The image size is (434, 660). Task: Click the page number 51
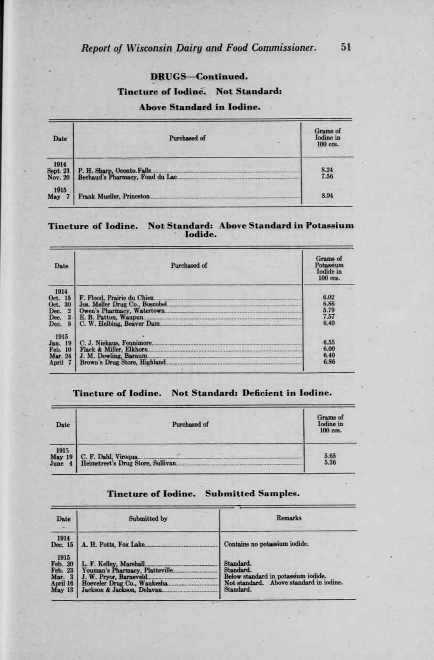pyautogui.click(x=346, y=47)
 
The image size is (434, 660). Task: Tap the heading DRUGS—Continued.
pyautogui.click(x=200, y=76)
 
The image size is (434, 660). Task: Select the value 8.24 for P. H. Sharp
pyautogui.click(x=327, y=170)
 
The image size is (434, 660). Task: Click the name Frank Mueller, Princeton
pyautogui.click(x=114, y=196)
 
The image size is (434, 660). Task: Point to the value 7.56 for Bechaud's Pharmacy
pyautogui.click(x=327, y=176)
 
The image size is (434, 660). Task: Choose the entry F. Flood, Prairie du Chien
pyautogui.click(x=116, y=298)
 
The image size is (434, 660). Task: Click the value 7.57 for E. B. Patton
pyautogui.click(x=328, y=317)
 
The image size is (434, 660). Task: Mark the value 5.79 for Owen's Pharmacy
pyautogui.click(x=328, y=310)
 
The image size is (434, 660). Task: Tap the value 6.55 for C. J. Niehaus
pyautogui.click(x=328, y=342)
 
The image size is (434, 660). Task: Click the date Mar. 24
pyautogui.click(x=60, y=356)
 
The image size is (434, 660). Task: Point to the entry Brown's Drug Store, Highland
pyautogui.click(x=123, y=362)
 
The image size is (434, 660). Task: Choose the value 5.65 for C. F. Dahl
pyautogui.click(x=329, y=456)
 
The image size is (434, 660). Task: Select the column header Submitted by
pyautogui.click(x=148, y=518)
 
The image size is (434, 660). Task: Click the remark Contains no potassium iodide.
pyautogui.click(x=266, y=544)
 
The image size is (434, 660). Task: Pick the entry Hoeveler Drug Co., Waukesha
pyautogui.click(x=124, y=583)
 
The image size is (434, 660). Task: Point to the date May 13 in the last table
pyautogui.click(x=62, y=590)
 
